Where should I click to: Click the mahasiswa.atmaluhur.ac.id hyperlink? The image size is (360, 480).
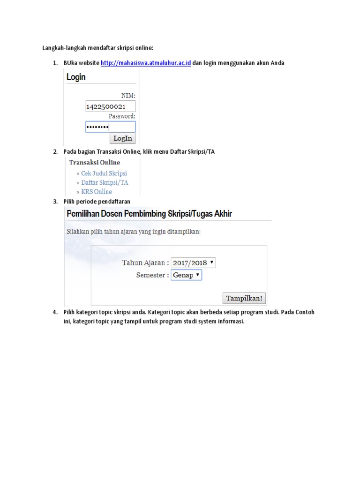(146, 63)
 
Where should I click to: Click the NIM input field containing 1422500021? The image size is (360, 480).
(110, 106)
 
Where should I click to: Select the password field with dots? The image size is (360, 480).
(110, 127)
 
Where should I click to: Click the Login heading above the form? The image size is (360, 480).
(76, 77)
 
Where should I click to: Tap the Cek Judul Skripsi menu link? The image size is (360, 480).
(104, 173)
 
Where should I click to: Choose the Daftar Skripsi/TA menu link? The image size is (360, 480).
(105, 183)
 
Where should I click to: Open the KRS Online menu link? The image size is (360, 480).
(97, 192)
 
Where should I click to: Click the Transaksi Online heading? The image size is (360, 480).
(95, 163)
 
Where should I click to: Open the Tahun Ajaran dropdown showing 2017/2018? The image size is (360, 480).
(193, 262)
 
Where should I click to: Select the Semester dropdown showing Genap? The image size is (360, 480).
(186, 275)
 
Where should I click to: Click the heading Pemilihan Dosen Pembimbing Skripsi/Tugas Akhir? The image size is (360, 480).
(150, 214)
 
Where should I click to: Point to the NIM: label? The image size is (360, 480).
(128, 95)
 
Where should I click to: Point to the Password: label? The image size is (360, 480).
(122, 116)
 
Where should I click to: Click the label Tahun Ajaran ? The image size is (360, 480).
(145, 262)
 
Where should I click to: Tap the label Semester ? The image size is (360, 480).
(152, 275)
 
